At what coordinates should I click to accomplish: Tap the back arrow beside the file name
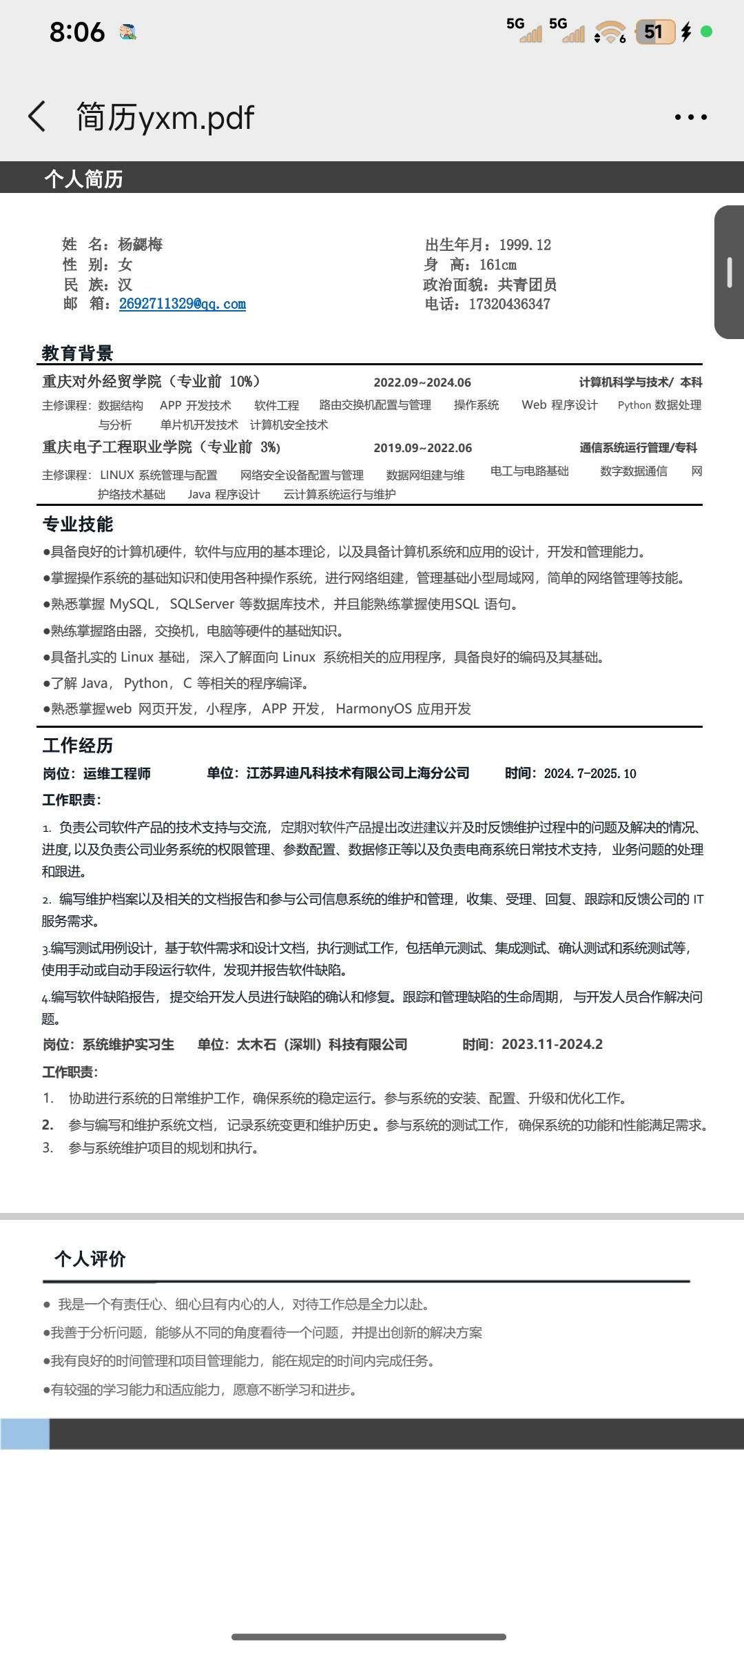(37, 116)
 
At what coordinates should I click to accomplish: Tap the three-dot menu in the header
(690, 117)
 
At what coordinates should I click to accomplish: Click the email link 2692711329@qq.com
(182, 304)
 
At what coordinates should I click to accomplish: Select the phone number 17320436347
(509, 304)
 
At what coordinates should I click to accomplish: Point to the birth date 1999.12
(525, 245)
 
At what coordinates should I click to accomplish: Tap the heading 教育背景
(77, 354)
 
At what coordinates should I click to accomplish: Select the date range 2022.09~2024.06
(422, 382)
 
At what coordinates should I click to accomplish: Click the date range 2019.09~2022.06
(422, 448)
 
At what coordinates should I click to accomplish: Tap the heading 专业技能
(78, 524)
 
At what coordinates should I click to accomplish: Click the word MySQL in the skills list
(133, 604)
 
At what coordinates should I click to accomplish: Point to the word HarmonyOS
(373, 709)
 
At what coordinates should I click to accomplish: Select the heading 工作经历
(78, 746)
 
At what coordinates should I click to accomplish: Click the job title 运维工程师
(117, 774)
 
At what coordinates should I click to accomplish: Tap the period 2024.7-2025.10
(590, 774)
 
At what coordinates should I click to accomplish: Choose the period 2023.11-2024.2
(552, 1045)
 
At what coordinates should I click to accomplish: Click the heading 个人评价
(90, 1259)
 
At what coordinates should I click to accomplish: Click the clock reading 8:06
(77, 32)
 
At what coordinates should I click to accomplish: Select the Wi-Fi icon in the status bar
(610, 32)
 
